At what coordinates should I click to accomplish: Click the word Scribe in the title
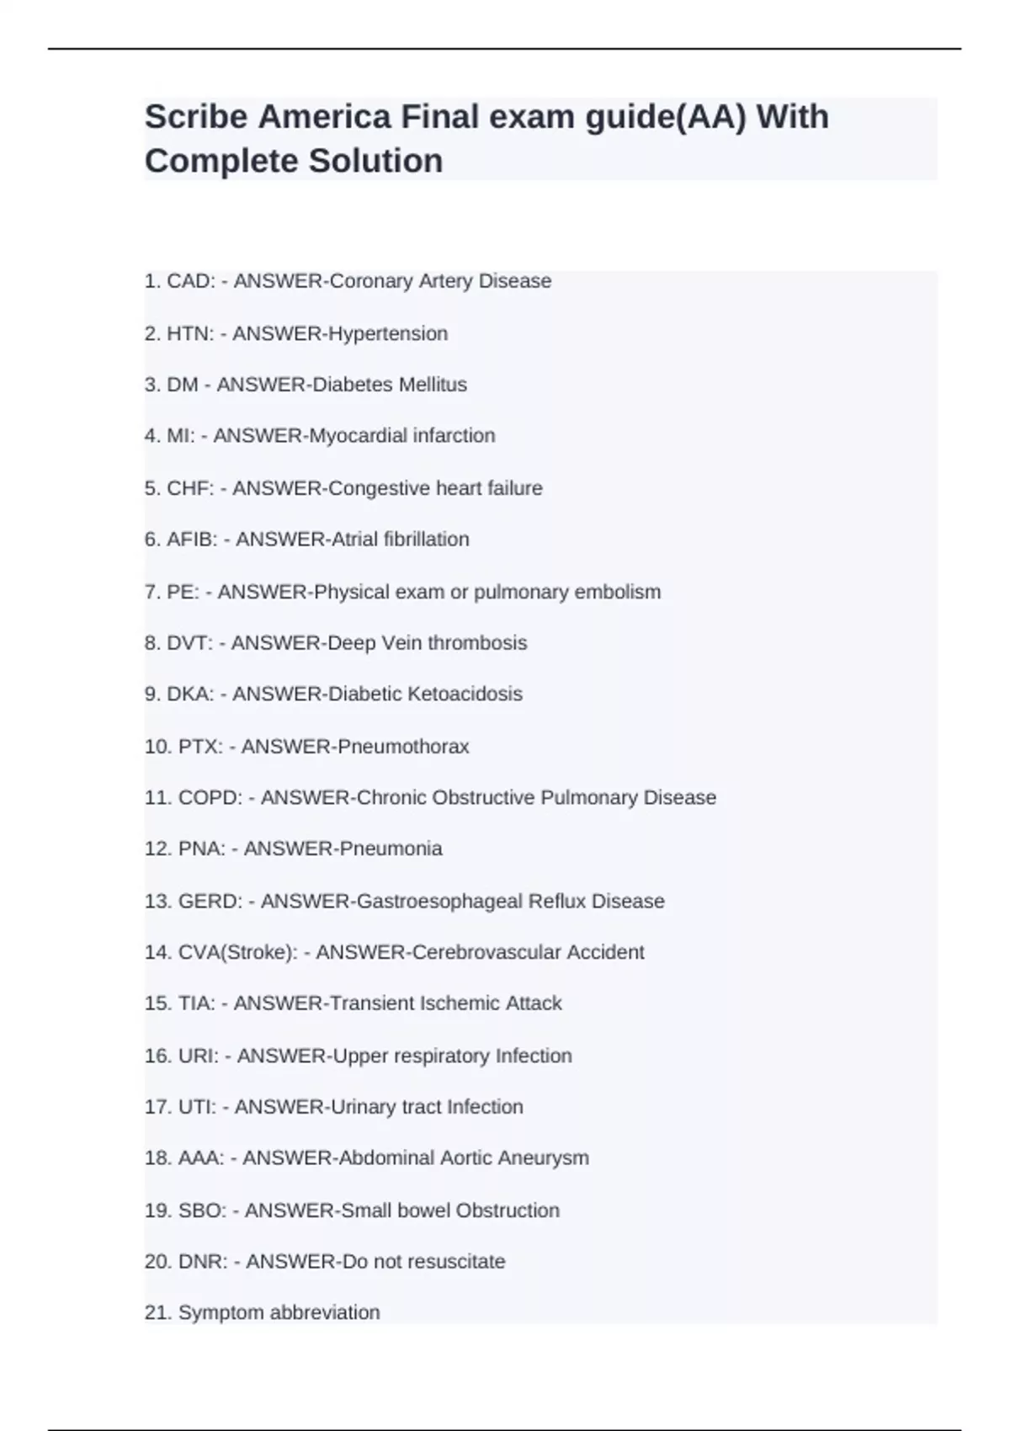(x=195, y=117)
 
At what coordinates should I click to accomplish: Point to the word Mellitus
(x=433, y=385)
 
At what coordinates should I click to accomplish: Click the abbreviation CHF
(x=190, y=488)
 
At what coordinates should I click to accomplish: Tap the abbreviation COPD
(x=210, y=798)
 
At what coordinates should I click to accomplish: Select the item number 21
(x=158, y=1312)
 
